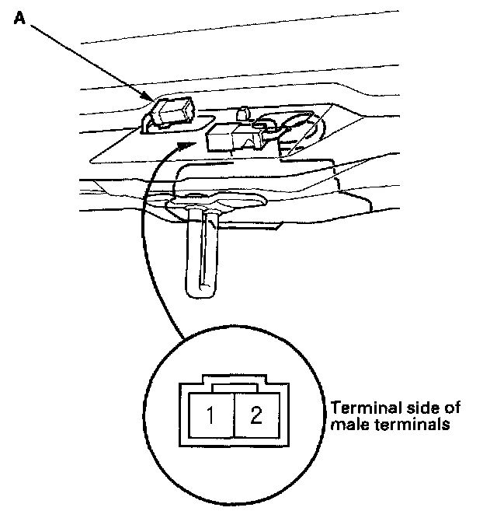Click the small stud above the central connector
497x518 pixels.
[242, 114]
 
